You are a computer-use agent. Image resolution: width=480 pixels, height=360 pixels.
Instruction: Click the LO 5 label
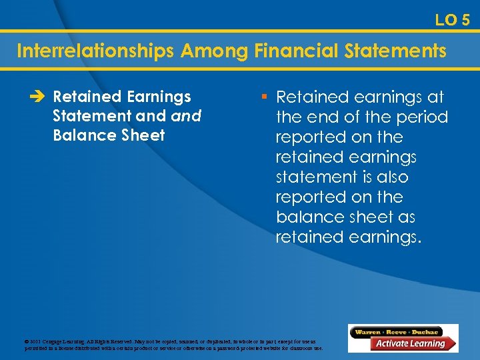pos(452,20)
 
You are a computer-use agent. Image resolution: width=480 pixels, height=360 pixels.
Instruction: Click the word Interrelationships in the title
pos(93,51)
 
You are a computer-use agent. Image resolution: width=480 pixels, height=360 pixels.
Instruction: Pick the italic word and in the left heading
pos(186,116)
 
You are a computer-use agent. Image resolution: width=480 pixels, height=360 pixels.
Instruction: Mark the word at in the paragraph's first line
pos(435,97)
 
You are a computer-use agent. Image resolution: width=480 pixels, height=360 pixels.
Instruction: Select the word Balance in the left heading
pos(81,135)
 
